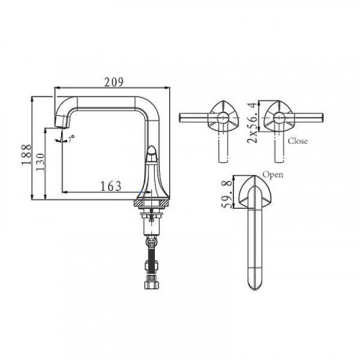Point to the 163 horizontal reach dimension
click(109, 186)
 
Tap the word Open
click(271, 175)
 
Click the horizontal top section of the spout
click(108, 99)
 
